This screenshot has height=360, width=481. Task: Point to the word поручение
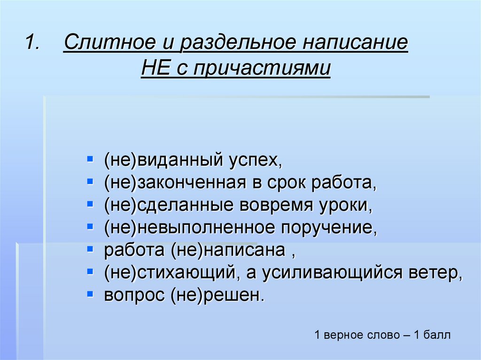[329, 228]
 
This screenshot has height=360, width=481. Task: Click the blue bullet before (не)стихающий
[90, 271]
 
